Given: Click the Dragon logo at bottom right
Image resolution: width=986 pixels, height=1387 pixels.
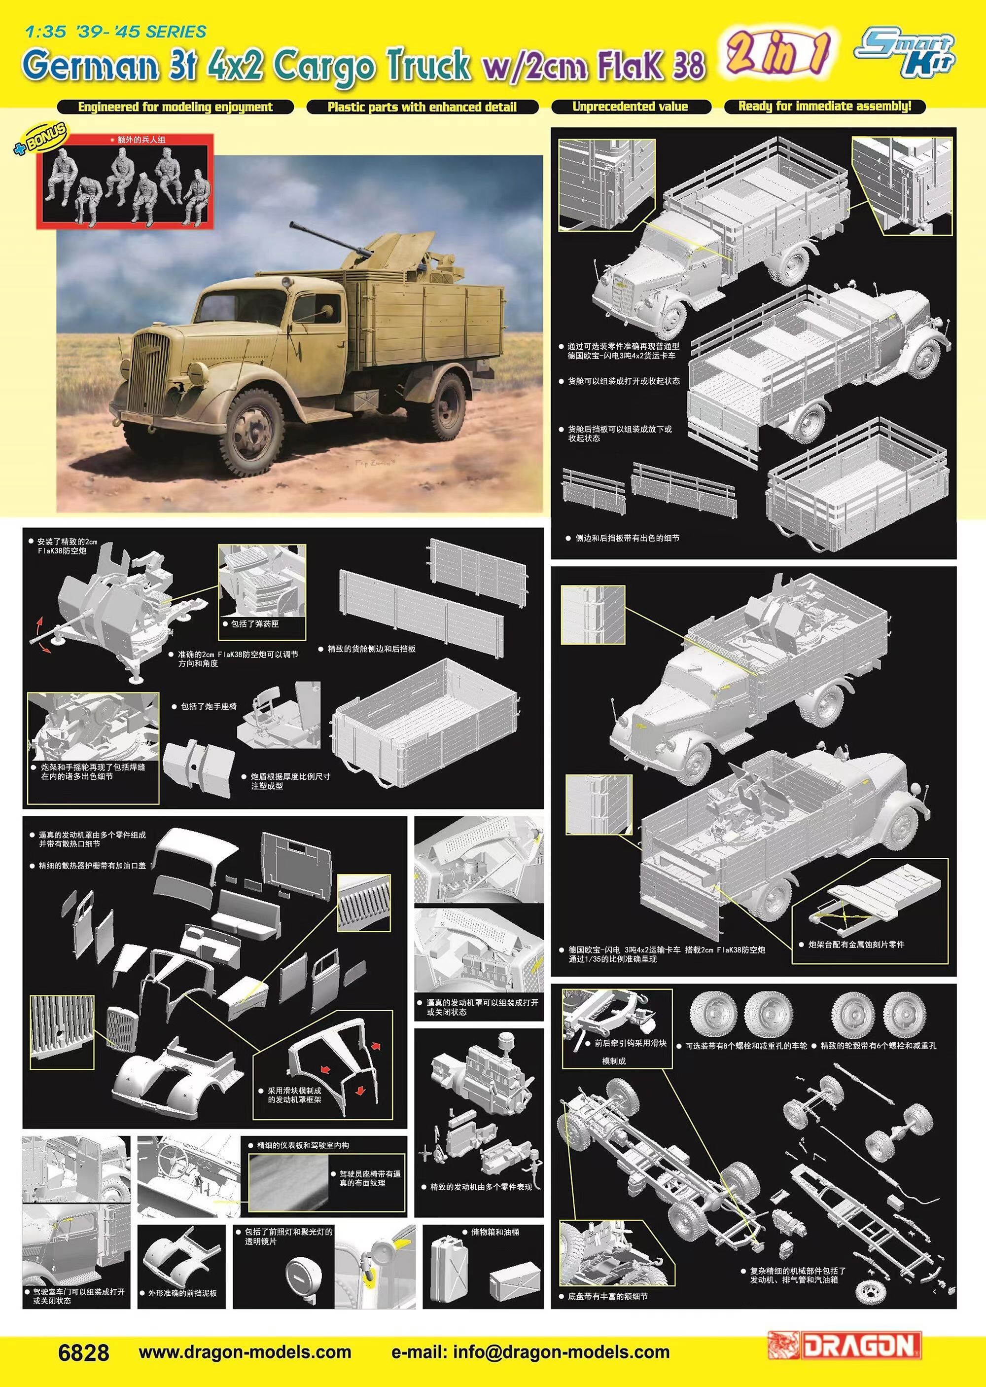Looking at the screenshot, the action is (845, 1345).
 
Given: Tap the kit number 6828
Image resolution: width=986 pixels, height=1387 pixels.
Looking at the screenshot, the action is (84, 1352).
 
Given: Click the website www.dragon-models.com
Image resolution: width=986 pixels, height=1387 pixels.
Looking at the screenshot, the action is (245, 1352).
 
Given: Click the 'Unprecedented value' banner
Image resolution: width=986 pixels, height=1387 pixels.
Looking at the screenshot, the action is (630, 107).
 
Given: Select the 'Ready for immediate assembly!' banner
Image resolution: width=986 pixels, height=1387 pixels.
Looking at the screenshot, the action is (825, 106).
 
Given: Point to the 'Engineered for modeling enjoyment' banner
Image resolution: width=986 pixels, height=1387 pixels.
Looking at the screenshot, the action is (176, 108).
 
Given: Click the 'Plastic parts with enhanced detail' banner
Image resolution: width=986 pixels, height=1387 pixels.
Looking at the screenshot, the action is (422, 108).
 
